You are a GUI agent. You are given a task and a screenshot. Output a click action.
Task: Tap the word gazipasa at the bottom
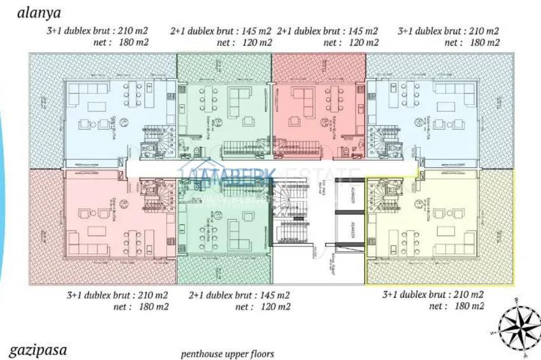pos(38,349)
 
